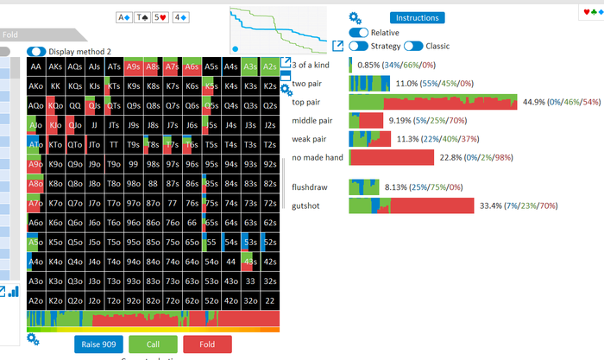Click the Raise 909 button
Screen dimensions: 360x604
(98, 344)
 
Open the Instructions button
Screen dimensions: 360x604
(417, 17)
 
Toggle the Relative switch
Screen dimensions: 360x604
(358, 32)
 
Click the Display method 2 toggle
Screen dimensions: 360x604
(37, 52)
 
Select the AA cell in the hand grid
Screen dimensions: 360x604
(36, 66)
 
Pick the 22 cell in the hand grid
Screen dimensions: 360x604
(270, 300)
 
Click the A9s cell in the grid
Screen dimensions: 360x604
(134, 66)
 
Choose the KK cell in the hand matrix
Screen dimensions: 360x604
(56, 86)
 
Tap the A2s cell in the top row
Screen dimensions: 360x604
(270, 66)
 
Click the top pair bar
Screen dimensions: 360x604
(432, 102)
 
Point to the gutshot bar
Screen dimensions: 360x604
(411, 205)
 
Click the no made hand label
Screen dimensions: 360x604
(318, 157)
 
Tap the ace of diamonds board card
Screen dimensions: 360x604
(124, 16)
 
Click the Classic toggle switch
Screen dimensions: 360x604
(413, 46)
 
